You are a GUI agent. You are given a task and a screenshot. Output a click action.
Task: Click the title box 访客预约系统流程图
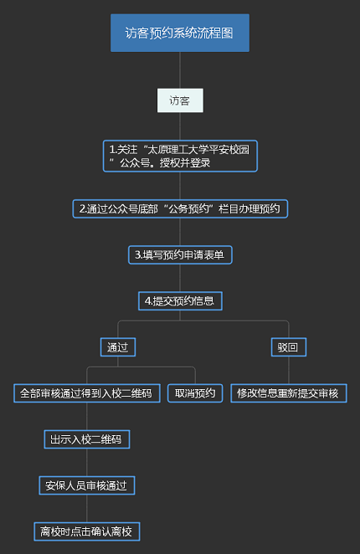180,33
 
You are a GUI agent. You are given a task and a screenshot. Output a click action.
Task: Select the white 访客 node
180,100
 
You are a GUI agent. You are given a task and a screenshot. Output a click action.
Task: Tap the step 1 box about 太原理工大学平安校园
180,156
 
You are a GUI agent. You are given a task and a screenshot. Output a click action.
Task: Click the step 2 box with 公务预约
180,209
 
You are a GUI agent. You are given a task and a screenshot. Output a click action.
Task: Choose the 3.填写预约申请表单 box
180,254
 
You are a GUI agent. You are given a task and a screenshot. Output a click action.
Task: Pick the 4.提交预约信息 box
180,301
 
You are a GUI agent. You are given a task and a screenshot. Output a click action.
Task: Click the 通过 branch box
118,347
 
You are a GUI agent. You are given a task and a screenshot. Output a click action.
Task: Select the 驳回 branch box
289,347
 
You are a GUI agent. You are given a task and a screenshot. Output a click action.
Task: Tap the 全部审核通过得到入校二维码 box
86,393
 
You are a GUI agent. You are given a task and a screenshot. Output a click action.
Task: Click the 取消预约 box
195,393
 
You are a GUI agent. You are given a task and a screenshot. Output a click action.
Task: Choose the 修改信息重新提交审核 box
289,393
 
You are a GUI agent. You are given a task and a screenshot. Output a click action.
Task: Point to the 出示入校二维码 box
86,439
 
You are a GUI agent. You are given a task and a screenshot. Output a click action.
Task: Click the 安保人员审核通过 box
86,485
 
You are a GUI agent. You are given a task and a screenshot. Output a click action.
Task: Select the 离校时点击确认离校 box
86,531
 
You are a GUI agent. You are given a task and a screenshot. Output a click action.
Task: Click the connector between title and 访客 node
180,70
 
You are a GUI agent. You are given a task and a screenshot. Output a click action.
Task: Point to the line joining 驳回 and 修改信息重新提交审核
289,370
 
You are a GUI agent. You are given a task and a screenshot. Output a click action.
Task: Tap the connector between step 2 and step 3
180,232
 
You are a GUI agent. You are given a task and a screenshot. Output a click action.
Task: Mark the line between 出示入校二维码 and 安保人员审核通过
86,462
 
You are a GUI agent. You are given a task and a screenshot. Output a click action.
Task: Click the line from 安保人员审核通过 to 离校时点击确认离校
86,509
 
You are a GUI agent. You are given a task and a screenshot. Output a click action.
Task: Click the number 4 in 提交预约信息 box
147,301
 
